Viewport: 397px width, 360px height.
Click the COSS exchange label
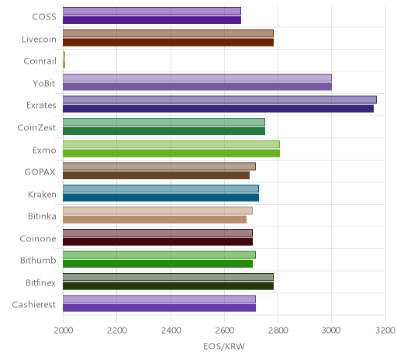tap(44, 17)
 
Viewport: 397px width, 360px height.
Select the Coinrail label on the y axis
tap(40, 61)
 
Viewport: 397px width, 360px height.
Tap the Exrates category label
tap(41, 106)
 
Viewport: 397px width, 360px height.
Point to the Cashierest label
tap(34, 305)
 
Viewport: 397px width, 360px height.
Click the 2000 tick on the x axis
tap(63, 331)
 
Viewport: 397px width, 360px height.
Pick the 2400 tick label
tap(171, 331)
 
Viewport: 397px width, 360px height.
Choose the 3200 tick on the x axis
tap(385, 331)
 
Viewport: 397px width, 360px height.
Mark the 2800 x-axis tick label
tap(278, 331)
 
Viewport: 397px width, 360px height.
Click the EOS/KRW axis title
tap(224, 346)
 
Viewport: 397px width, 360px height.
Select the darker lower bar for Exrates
tap(218, 109)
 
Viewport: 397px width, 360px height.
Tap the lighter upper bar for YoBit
tap(197, 78)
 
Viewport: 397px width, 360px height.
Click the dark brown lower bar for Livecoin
tap(168, 42)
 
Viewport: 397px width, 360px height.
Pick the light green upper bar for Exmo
tap(171, 144)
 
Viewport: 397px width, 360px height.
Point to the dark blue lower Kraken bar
tap(161, 197)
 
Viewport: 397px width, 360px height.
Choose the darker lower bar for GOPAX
tap(156, 175)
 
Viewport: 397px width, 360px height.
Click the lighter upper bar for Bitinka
tap(157, 211)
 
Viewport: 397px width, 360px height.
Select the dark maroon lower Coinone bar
tap(157, 242)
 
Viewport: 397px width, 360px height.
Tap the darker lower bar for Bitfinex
tap(168, 286)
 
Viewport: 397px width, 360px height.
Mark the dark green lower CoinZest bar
tap(164, 131)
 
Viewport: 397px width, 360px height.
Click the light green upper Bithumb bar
tap(159, 255)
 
